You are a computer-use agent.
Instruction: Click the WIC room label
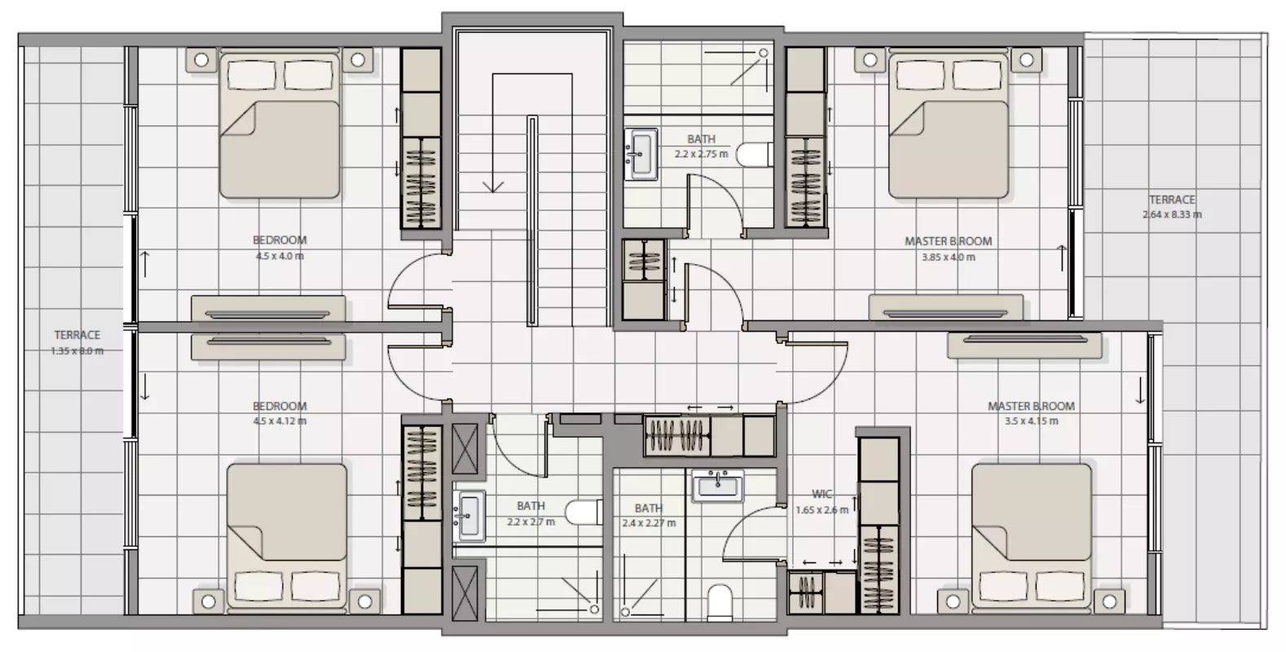pos(821,494)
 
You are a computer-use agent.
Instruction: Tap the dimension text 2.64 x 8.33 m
pos(1172,214)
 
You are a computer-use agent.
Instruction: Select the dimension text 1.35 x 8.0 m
pos(77,350)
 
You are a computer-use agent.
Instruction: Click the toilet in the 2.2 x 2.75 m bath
pos(755,155)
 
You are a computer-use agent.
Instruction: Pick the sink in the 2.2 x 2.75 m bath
pos(641,154)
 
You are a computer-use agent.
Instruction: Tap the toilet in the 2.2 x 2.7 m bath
pos(584,512)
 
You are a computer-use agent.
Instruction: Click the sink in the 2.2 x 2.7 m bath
pos(469,515)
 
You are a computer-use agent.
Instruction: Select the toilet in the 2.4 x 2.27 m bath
pos(720,602)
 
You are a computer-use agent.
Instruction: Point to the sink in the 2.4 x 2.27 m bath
pos(718,486)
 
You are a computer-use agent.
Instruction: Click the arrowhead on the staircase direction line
pos(492,187)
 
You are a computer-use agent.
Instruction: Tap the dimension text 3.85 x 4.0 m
pos(949,257)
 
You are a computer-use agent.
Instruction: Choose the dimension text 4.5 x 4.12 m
pos(280,421)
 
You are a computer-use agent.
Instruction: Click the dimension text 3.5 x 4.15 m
pos(1031,421)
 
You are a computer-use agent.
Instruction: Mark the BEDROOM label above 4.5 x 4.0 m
pos(280,240)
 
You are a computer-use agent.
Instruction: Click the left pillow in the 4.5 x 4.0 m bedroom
pos(251,75)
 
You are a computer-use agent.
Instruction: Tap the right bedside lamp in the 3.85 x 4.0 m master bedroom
pos(1027,59)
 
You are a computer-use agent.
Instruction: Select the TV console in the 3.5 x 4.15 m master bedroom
pos(1024,346)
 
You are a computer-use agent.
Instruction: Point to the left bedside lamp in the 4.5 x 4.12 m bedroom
pos(209,601)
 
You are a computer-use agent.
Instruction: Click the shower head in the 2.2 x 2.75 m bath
pos(764,53)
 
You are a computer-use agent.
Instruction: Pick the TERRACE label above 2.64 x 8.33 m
pos(1172,200)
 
